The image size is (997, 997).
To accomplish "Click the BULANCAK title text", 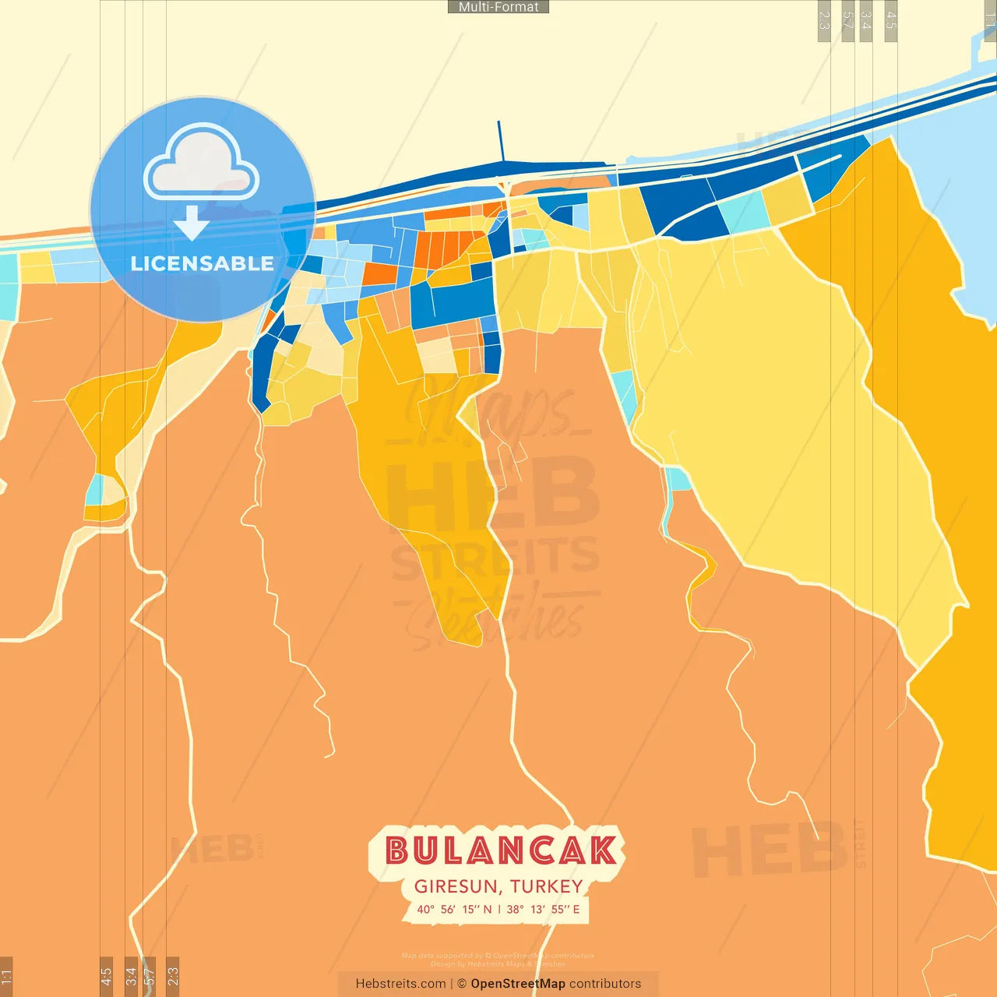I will (500, 851).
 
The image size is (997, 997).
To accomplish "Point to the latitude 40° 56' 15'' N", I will (454, 909).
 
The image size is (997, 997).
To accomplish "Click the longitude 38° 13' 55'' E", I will (543, 909).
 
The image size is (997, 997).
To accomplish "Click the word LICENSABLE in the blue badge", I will (203, 263).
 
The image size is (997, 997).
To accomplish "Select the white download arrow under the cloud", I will (192, 224).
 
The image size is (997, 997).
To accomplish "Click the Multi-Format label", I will (498, 7).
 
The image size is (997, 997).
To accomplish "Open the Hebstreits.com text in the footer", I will (400, 984).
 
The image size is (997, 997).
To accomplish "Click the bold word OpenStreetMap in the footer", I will (518, 984).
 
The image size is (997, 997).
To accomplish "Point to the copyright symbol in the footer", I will (462, 984).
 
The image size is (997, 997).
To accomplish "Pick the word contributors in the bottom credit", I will (605, 984).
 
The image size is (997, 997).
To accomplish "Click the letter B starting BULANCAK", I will (397, 851).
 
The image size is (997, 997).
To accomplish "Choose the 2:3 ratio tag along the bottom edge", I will (173, 976).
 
